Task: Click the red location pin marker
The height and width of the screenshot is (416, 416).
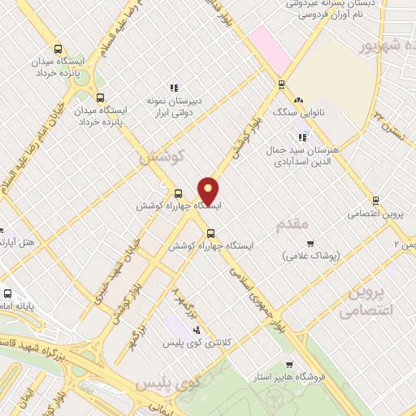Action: [x=208, y=191]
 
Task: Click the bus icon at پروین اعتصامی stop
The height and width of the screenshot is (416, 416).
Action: [x=375, y=200]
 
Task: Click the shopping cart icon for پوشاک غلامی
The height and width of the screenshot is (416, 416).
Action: [x=310, y=243]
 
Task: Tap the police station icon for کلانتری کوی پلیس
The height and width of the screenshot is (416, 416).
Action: [x=197, y=329]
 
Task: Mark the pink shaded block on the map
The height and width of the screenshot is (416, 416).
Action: [x=271, y=48]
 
